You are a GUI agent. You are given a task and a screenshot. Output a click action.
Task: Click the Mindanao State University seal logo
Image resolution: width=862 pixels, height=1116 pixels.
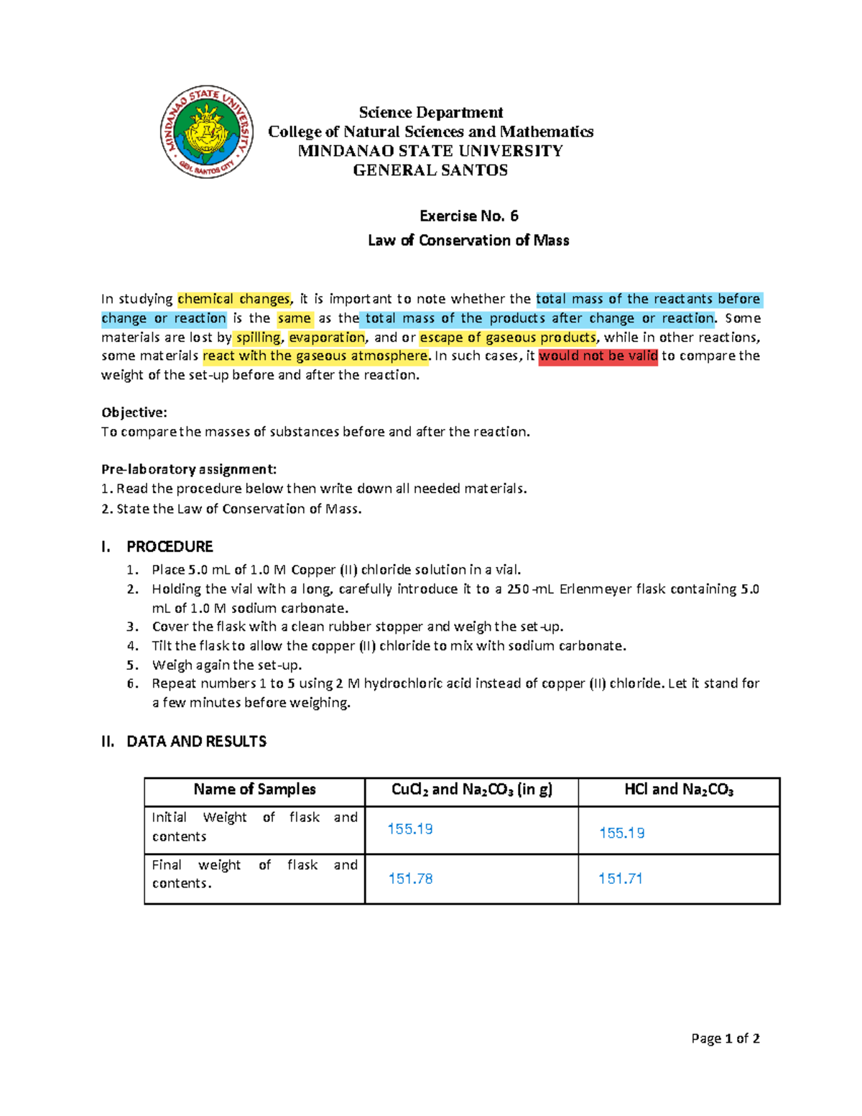pos(206,132)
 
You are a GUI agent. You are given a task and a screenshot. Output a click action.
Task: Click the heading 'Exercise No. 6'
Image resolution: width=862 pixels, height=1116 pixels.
pos(468,216)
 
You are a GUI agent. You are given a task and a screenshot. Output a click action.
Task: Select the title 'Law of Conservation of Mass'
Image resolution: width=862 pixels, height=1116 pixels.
pos(468,241)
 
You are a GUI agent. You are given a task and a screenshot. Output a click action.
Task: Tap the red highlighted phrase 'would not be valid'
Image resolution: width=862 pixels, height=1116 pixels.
pos(598,356)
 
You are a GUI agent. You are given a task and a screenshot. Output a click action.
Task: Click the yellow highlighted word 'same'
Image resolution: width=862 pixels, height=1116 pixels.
pos(295,318)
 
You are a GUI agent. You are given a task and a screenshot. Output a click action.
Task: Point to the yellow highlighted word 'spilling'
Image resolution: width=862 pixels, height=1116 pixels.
pos(259,337)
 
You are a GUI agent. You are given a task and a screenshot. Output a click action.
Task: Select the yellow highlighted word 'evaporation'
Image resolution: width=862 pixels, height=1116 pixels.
pos(327,337)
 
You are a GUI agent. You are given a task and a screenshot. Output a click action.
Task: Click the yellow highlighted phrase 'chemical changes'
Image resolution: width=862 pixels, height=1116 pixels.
pos(233,299)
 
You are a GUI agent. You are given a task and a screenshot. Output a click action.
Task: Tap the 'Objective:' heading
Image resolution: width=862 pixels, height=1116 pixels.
pos(134,412)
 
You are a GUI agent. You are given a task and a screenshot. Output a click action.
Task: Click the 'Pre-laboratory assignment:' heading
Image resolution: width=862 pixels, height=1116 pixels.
pos(189,469)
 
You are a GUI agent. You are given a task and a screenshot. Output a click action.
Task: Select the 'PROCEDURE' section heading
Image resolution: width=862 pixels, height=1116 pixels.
pos(170,547)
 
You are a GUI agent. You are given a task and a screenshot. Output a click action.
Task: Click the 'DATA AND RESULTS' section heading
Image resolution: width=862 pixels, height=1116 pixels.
pos(196,742)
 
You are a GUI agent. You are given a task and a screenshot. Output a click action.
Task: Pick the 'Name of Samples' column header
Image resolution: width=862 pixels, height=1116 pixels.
pos(254,790)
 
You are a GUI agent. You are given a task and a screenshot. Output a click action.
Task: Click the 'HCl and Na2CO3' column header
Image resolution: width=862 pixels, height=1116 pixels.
pos(678,790)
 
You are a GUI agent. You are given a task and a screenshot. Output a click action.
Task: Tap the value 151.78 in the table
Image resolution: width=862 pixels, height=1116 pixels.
pos(410,879)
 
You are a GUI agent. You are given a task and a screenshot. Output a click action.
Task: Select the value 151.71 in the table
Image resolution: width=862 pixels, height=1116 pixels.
pos(620,879)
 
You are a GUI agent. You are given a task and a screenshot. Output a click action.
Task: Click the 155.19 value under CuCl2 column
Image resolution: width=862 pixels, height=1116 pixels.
pos(410,829)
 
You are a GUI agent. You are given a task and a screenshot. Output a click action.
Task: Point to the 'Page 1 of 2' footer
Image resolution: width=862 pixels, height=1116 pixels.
pos(725,1038)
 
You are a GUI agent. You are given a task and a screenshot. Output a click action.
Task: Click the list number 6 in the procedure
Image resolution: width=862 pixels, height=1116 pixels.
pos(132,683)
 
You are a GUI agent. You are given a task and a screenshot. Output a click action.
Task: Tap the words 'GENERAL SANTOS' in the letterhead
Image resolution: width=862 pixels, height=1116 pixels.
pos(430,170)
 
